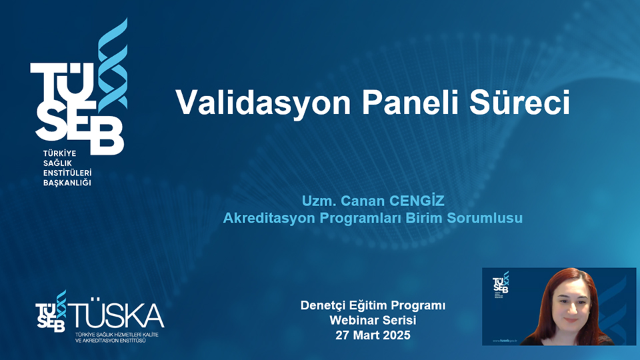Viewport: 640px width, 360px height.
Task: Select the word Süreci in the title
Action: coord(523,103)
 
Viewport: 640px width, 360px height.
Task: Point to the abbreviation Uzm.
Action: coord(316,200)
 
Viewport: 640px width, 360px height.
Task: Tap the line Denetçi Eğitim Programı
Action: coord(373,306)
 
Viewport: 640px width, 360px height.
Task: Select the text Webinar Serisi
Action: coord(373,321)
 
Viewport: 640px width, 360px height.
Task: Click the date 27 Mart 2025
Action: coord(373,335)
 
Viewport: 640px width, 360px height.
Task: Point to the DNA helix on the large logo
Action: coord(112,67)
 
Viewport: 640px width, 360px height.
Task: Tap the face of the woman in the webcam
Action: coord(565,303)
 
